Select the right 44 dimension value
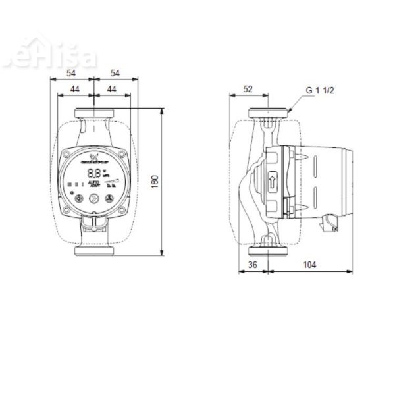tap(111, 88)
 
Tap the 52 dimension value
tap(248, 88)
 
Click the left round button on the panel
tap(79, 198)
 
